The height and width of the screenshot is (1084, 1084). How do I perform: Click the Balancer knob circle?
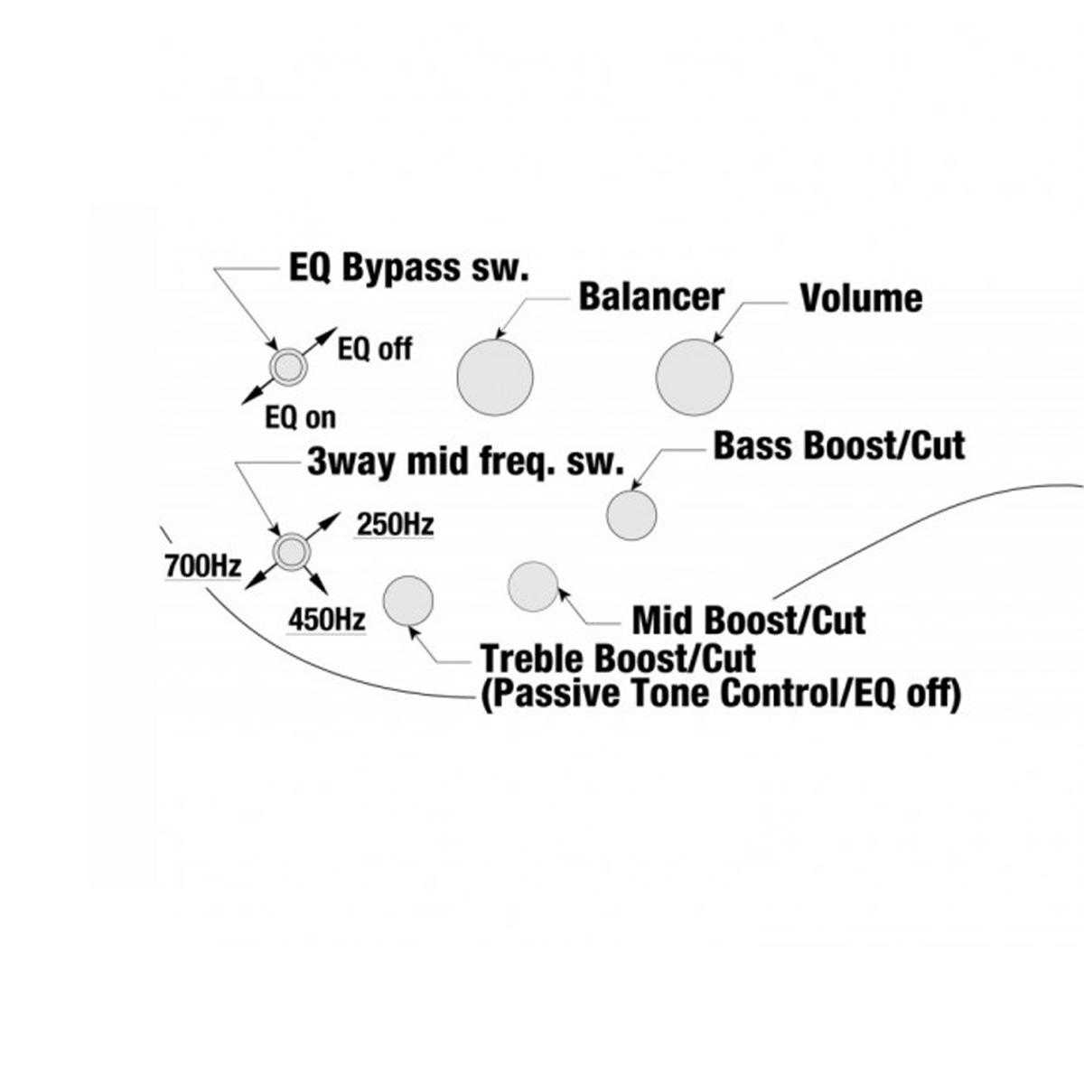point(495,378)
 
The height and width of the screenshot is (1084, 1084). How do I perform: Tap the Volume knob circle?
point(694,378)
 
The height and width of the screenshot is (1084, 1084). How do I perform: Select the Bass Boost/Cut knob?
point(631,516)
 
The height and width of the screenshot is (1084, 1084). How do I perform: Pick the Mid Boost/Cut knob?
point(534,586)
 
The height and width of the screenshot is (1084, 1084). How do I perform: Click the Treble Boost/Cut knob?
point(409,602)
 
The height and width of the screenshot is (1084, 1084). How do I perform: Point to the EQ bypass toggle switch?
point(288,366)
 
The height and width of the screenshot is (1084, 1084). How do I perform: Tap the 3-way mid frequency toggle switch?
point(291,550)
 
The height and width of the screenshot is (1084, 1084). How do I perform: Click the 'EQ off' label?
point(374,350)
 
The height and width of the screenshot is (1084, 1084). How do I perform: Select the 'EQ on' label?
point(300,417)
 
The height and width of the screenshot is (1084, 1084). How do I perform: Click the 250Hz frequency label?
point(395,524)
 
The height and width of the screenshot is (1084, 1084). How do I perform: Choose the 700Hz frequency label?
point(203,566)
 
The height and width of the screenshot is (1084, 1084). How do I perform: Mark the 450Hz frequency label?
point(327,620)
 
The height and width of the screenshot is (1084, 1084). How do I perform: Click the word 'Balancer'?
point(651,297)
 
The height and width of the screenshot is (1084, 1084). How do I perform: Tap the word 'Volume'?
point(861,299)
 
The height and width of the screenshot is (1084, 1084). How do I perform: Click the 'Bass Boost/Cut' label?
point(839,445)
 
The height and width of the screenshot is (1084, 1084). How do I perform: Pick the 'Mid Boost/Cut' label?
point(749,621)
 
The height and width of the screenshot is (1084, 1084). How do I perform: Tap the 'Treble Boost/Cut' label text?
point(619,657)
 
